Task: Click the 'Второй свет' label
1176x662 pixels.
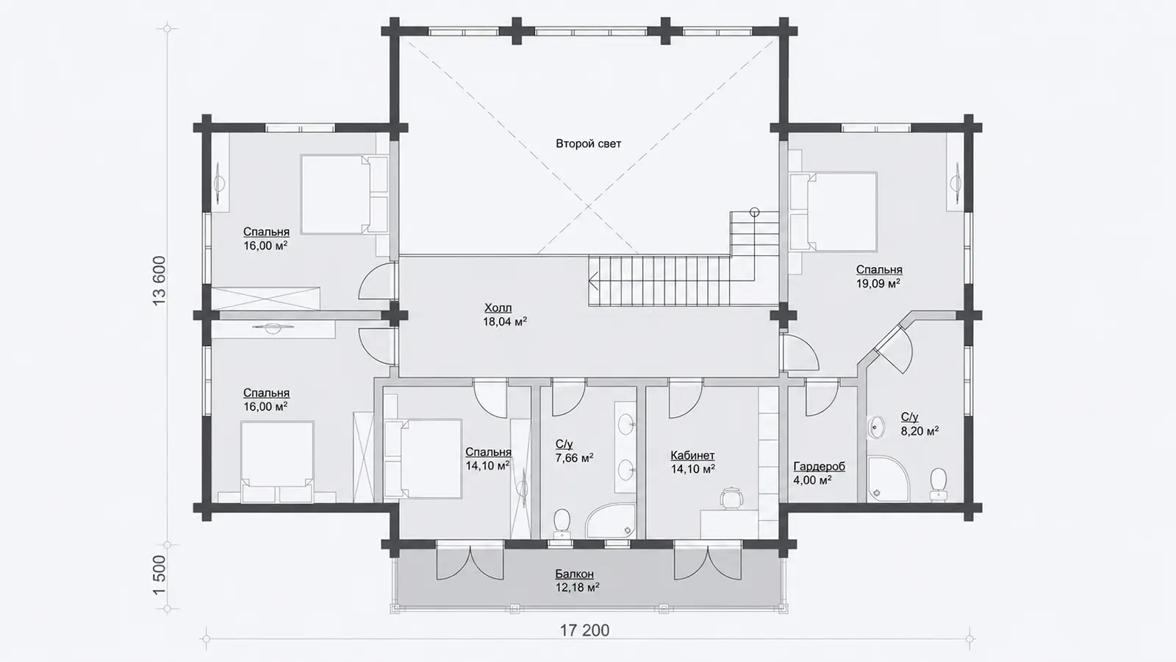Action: pos(588,143)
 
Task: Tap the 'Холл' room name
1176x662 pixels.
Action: pos(498,308)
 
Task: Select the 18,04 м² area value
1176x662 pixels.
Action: pos(504,321)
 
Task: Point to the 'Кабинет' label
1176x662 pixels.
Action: pos(692,455)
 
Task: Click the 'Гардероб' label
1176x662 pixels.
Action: pos(819,466)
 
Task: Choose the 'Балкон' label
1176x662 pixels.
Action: pos(574,574)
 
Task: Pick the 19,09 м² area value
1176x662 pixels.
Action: pos(878,284)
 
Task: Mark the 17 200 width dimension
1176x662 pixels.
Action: pos(584,630)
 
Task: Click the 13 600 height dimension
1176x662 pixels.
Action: pos(159,281)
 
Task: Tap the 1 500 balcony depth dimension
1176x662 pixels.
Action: pos(159,575)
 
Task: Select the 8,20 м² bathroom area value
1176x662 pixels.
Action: pos(919,431)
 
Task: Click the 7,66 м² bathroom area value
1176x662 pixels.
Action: pos(574,458)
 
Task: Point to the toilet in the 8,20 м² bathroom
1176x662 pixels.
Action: pos(938,483)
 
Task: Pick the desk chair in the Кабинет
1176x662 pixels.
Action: pos(731,498)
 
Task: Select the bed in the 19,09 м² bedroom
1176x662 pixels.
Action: pos(833,212)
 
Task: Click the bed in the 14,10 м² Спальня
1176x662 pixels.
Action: pos(423,458)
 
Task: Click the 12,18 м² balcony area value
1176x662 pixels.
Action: pos(578,588)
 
